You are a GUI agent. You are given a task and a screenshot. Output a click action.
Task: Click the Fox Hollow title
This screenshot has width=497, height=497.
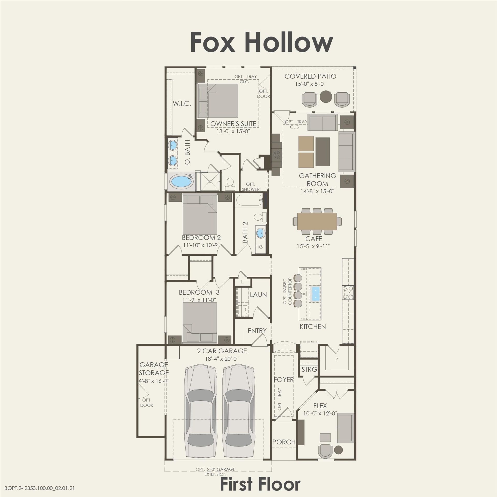[x=261, y=42]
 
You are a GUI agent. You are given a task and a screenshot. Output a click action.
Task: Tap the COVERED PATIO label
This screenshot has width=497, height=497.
[x=310, y=76]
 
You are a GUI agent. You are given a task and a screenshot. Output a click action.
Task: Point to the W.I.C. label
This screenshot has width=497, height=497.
[x=182, y=104]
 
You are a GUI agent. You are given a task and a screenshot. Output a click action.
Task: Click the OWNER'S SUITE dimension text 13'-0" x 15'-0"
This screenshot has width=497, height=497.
[x=233, y=131]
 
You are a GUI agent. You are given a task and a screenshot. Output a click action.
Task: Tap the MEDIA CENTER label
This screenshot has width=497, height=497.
[x=276, y=155]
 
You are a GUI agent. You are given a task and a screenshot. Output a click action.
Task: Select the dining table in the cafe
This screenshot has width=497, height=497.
[x=317, y=221]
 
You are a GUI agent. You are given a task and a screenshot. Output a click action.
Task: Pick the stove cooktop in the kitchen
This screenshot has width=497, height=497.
[x=348, y=293]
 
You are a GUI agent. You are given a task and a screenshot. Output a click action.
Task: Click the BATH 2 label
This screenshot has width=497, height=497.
[x=245, y=232]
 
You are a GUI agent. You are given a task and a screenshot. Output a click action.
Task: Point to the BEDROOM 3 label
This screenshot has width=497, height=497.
[x=199, y=293]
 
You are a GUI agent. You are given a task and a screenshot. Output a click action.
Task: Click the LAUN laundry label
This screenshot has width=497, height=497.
[x=258, y=295]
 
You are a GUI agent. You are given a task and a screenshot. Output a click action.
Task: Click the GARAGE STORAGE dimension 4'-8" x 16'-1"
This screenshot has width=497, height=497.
[x=154, y=381]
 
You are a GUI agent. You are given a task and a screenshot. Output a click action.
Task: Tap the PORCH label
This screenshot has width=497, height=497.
[x=284, y=442]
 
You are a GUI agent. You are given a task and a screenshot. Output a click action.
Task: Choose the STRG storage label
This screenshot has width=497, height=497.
[x=309, y=369]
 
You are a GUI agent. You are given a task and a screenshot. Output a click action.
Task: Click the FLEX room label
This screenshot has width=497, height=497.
[x=320, y=406]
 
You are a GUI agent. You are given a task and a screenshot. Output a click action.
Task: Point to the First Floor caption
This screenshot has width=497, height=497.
[x=260, y=484]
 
